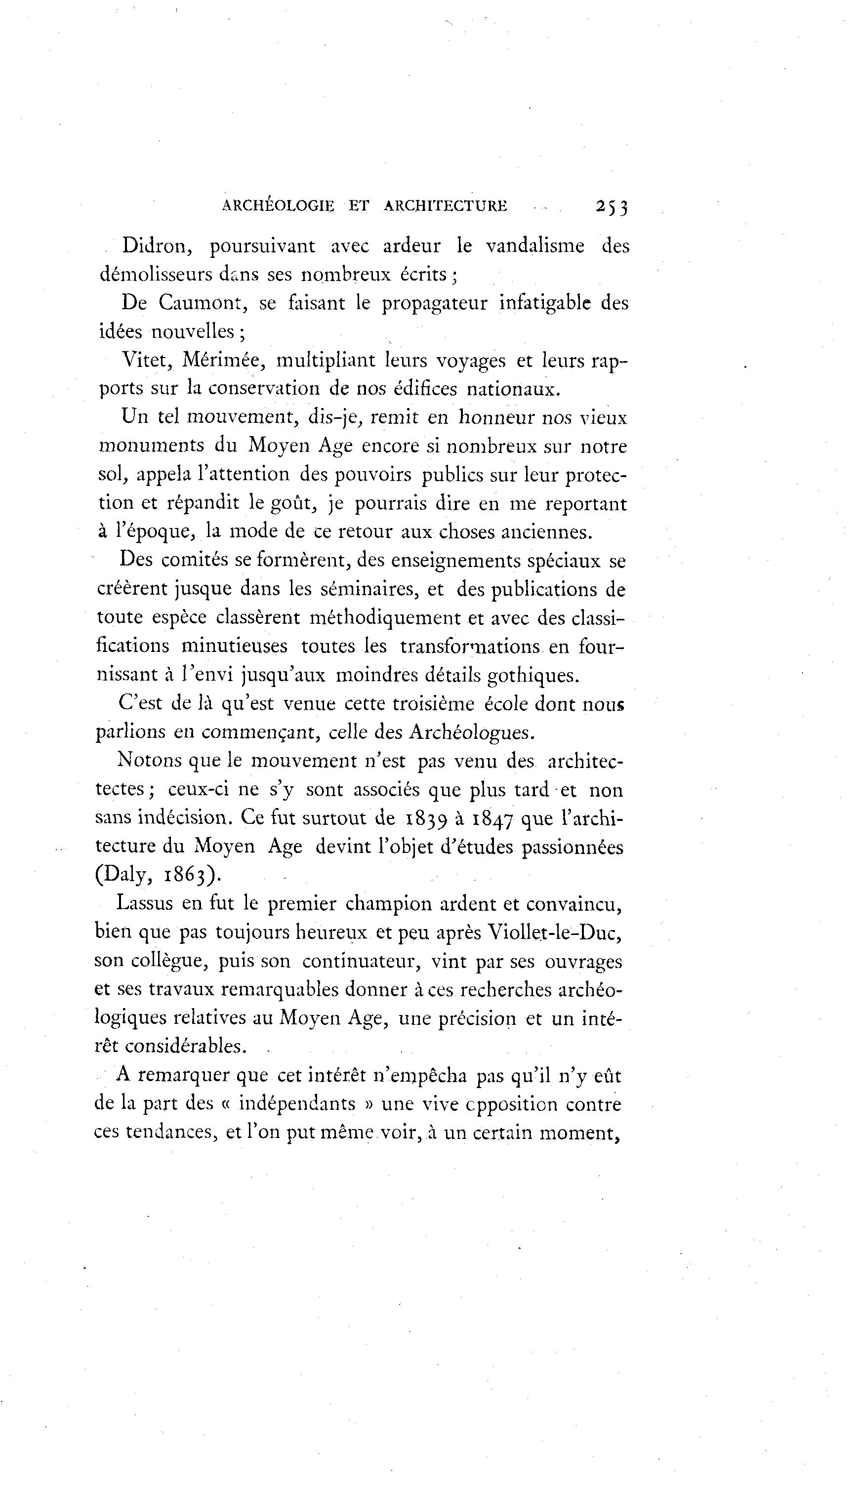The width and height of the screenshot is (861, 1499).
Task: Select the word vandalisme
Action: click(x=535, y=246)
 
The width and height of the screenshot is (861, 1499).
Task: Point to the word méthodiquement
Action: click(x=385, y=618)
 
